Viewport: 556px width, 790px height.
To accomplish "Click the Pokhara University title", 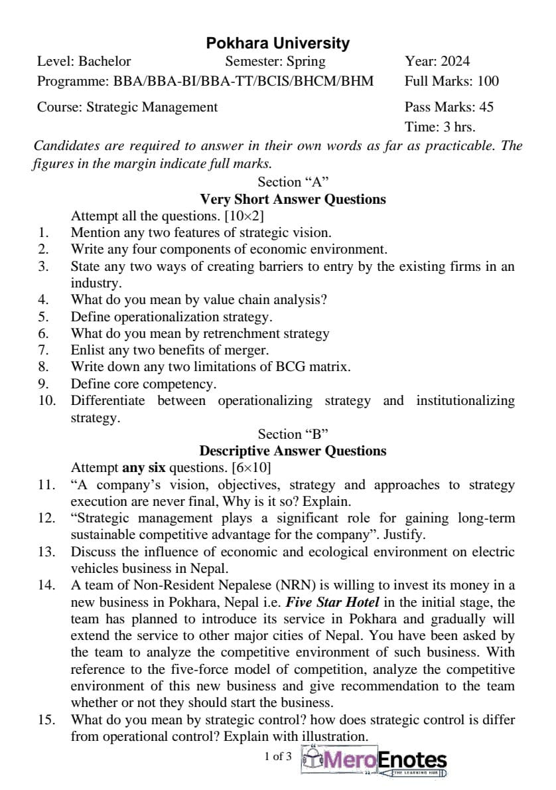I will pos(277,44).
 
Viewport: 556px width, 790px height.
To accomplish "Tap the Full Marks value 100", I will pos(488,82).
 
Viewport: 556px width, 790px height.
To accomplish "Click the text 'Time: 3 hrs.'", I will pos(440,127).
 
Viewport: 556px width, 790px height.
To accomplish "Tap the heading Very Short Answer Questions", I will pos(293,199).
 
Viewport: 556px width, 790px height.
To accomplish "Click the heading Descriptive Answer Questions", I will pos(293,451).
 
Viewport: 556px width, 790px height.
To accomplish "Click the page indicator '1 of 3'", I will pos(277,756).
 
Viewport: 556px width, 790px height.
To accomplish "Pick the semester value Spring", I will pos(306,62).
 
